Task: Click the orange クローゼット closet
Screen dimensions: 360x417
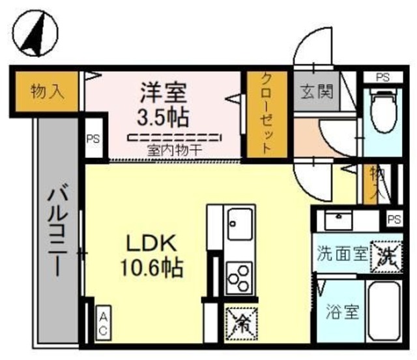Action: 266,113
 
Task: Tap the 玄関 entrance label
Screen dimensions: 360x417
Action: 316,91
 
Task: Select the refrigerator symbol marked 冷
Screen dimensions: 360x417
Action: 241,322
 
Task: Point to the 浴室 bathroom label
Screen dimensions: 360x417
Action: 341,312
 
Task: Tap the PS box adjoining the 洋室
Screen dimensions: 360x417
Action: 93,138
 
